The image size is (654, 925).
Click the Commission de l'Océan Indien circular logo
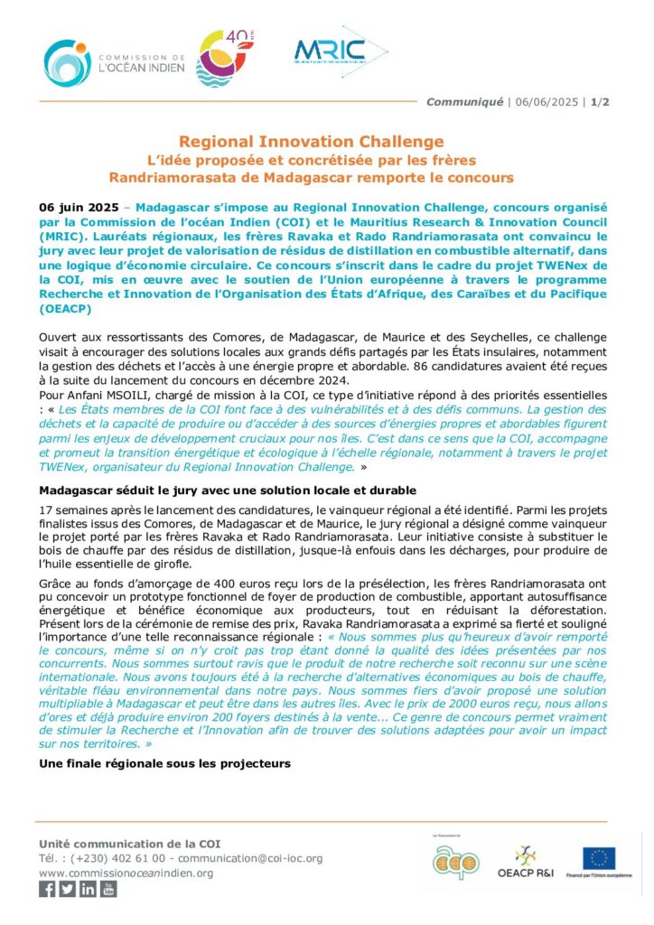[65, 63]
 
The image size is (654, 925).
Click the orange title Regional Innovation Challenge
[312, 142]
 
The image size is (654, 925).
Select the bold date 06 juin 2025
[78, 207]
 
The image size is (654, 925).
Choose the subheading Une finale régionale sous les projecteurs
[164, 763]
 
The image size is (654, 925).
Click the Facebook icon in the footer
[48, 889]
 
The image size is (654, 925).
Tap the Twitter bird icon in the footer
[68, 889]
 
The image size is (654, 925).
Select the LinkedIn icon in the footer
[88, 889]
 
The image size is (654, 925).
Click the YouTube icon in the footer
[108, 889]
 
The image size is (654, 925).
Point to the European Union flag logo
[599, 858]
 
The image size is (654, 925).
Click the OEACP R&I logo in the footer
[524, 863]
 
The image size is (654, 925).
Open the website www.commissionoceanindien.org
[126, 873]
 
